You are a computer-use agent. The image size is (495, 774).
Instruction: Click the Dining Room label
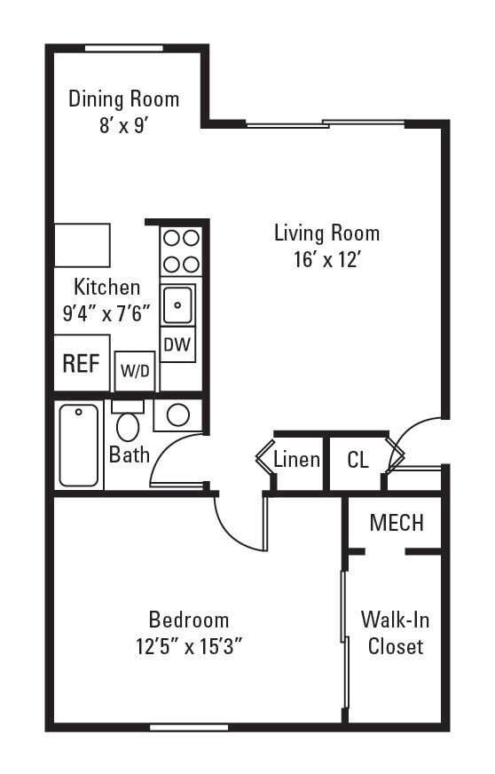coord(123,99)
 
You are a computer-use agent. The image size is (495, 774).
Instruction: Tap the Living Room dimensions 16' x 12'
coord(326,260)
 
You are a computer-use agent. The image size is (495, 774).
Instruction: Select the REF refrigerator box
coord(81,364)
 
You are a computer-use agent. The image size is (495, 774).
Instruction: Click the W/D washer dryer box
coord(135,371)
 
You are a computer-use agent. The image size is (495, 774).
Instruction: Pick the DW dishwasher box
coord(178,344)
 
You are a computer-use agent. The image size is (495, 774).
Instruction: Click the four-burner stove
coord(180,250)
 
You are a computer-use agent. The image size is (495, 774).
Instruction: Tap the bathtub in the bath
coord(79,445)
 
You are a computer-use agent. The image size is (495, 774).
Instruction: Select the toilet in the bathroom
coord(129,424)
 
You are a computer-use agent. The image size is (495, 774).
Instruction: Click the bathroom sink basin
coord(178,415)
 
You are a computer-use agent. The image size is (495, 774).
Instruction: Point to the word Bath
coord(129,454)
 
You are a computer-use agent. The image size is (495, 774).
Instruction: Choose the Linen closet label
coord(296,460)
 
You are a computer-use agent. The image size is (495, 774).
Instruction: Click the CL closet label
coord(357,460)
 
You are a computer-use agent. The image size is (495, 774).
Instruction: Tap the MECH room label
coord(397,523)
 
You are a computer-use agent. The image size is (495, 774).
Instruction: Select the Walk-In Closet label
coord(396,632)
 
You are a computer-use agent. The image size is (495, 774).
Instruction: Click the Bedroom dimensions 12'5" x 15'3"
coord(188,646)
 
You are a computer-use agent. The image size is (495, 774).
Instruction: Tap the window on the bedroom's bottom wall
coord(188,727)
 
